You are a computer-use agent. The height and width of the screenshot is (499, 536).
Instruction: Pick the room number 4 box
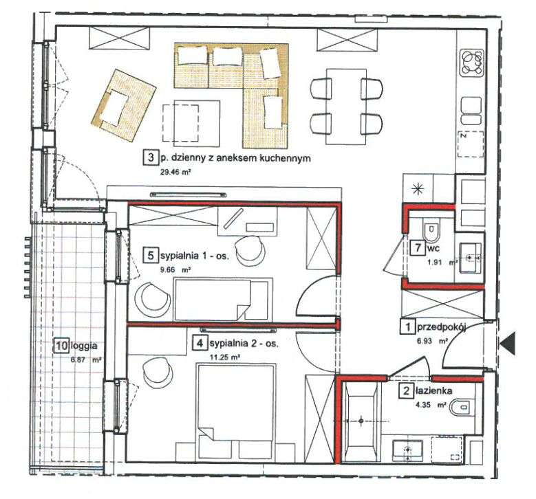tap(199, 342)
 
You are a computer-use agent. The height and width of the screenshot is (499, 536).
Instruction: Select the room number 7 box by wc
tap(416, 247)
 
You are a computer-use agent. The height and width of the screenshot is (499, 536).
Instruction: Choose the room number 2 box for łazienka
tap(407, 391)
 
